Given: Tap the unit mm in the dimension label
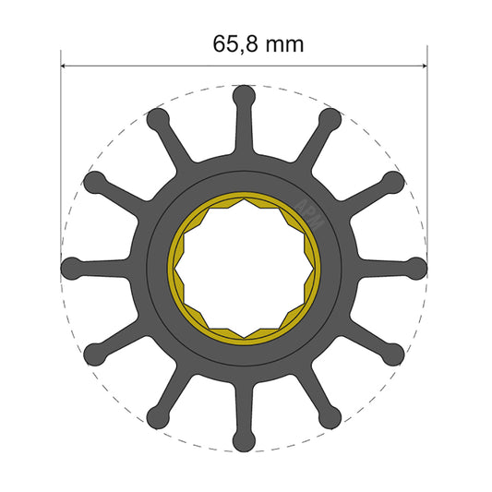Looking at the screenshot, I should click(282, 43).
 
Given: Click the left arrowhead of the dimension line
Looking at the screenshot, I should click(66, 66).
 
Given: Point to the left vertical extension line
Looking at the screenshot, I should click(61, 138).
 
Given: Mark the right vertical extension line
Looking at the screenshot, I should click(428, 138).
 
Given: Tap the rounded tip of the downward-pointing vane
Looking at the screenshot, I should click(245, 441).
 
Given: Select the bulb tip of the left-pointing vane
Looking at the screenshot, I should click(71, 268).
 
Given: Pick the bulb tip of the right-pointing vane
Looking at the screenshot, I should click(418, 268).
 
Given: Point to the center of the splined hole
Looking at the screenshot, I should click(245, 268).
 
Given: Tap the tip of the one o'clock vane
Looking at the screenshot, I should click(331, 117).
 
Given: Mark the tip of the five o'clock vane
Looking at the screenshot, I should click(331, 418).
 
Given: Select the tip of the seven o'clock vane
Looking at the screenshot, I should click(158, 418).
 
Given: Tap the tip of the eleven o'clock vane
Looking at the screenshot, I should click(158, 117).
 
